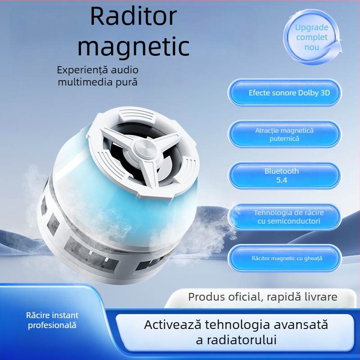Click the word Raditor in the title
(133, 17)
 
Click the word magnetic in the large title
(133, 46)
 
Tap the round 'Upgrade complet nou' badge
(312, 37)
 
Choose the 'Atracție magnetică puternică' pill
(284, 135)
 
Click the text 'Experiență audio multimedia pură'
(98, 76)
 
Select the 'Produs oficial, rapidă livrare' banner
(262, 297)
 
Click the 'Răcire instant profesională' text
(52, 320)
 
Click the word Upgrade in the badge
(312, 27)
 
